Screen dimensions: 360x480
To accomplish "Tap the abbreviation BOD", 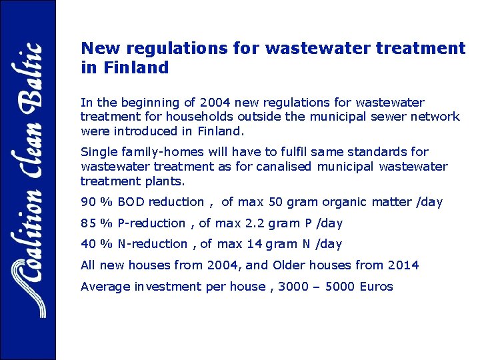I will click(132, 202).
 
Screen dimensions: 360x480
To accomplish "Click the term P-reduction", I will click(152, 223).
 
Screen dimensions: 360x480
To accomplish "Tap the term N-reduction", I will click(153, 244).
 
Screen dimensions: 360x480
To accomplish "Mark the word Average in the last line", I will click(104, 287).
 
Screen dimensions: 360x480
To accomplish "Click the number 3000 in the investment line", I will click(293, 287).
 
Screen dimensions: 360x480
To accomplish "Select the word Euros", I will click(375, 287).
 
